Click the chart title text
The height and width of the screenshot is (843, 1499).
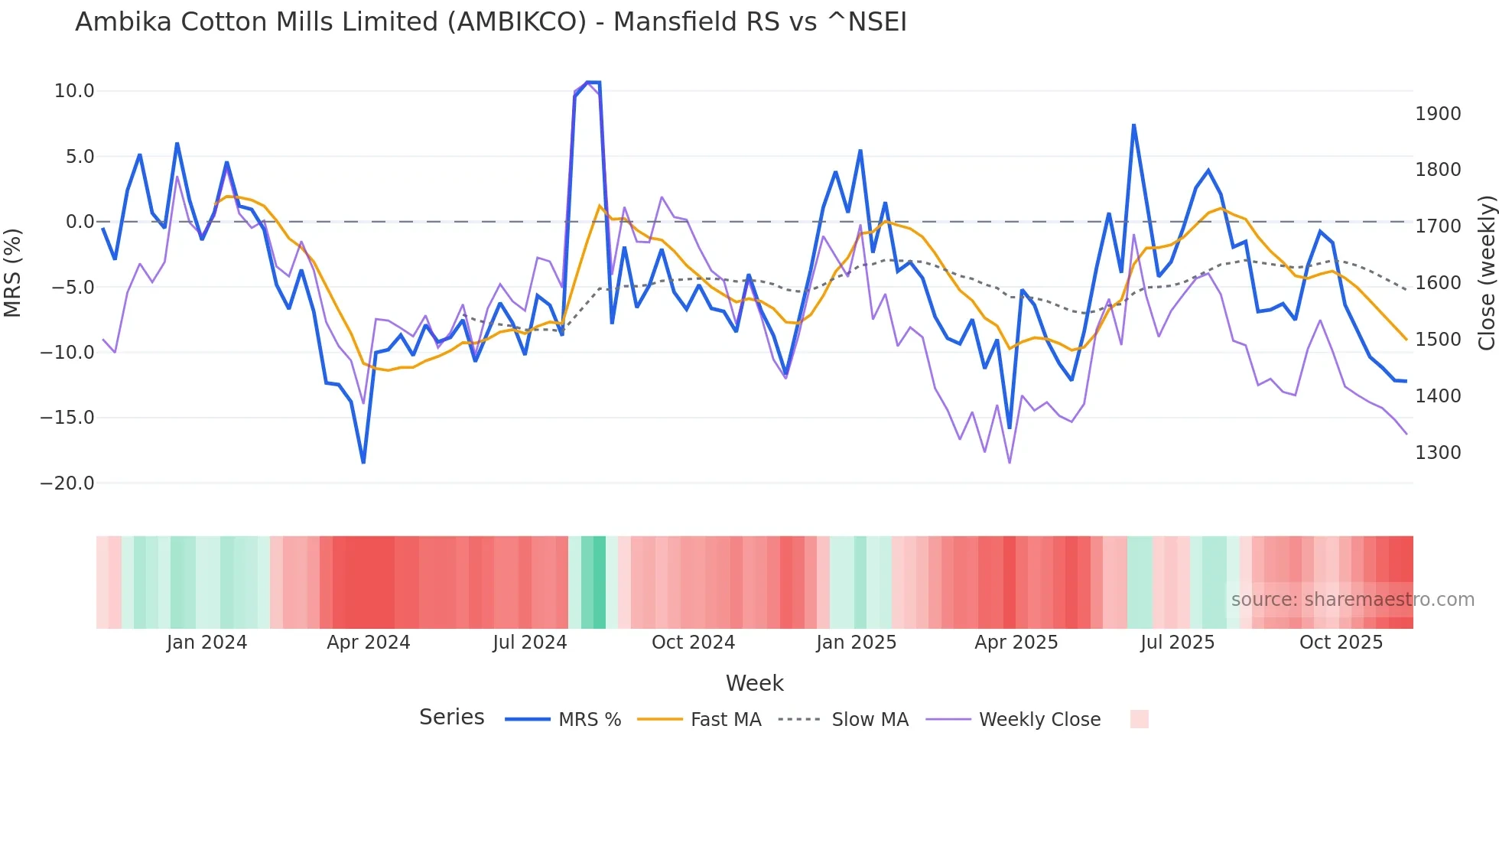click(490, 22)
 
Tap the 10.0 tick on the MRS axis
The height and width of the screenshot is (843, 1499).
click(74, 91)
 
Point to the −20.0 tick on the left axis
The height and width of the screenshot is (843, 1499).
click(67, 483)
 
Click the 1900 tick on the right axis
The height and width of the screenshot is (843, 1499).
click(1438, 114)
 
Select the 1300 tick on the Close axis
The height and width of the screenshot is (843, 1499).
click(1438, 453)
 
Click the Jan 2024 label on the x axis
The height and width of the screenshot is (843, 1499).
click(206, 643)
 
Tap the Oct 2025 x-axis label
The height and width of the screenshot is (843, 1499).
click(1341, 643)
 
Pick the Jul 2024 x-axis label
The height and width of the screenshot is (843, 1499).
click(529, 643)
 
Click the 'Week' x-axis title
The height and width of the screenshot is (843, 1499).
click(754, 683)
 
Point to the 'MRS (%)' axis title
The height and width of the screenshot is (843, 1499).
click(13, 272)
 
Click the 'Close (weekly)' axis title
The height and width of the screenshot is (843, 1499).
click(1486, 272)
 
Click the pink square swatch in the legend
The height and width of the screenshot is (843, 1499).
click(1139, 719)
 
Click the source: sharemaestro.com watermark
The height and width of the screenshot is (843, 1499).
click(1352, 600)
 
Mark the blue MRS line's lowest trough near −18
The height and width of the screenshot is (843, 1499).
click(363, 462)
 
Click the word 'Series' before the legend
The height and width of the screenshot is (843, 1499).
click(451, 718)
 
